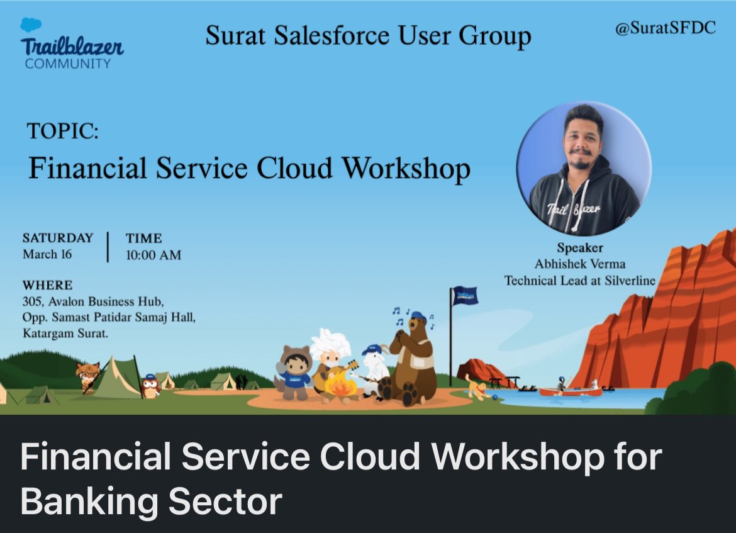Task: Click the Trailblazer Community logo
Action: [70, 44]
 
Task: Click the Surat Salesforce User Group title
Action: [368, 36]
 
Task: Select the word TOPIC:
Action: [63, 132]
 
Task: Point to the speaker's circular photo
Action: [583, 169]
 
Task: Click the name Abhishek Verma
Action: [579, 264]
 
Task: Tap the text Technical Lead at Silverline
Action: [579, 281]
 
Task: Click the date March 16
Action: [47, 255]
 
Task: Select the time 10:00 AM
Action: [153, 255]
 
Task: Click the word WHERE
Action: [47, 284]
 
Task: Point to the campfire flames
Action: [340, 384]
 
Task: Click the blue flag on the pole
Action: [465, 295]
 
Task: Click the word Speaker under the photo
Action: [579, 248]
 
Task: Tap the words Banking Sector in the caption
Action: [151, 501]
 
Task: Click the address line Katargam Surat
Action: [65, 333]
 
